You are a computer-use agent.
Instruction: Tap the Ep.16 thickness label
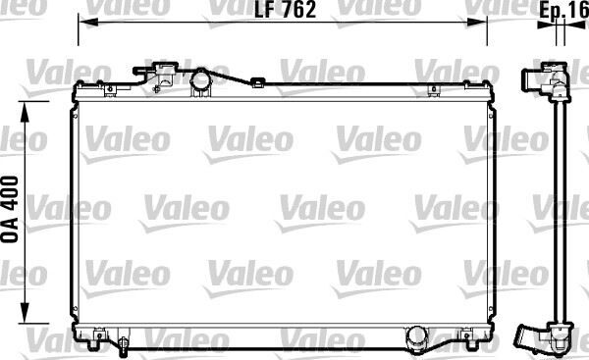(x=564, y=11)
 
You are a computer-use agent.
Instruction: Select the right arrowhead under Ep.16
(x=565, y=30)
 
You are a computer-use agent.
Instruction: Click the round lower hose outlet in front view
(x=419, y=339)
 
